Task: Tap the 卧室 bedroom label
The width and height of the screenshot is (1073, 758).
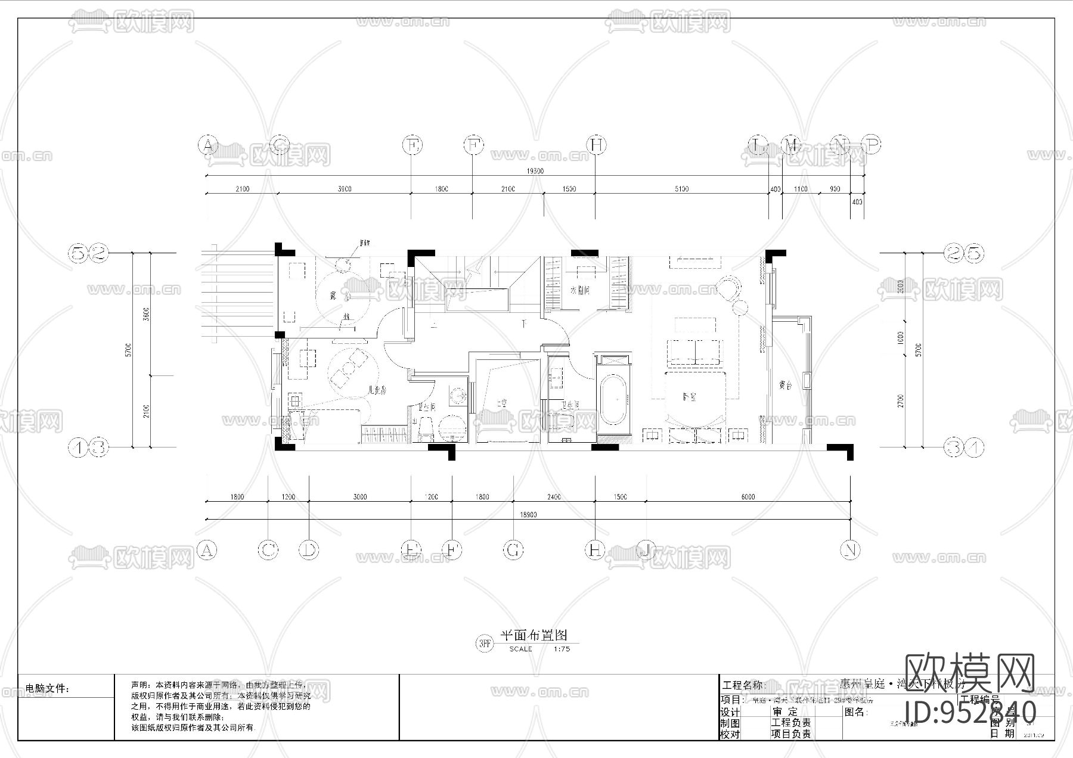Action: tap(690, 397)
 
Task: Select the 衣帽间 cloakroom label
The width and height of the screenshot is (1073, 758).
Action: tap(579, 291)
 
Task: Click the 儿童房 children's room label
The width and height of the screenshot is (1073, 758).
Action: tap(377, 391)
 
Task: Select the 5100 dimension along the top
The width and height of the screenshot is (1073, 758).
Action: tap(681, 189)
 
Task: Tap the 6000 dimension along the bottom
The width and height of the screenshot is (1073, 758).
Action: tap(748, 496)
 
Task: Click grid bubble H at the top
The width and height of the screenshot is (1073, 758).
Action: tap(596, 145)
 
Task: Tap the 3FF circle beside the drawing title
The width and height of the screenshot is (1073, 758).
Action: tap(485, 644)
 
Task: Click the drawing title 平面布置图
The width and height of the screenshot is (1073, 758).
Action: tap(532, 635)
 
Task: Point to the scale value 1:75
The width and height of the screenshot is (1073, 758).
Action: tap(562, 649)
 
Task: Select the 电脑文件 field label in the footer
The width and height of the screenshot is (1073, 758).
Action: tap(48, 689)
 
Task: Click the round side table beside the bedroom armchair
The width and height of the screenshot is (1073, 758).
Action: tap(740, 307)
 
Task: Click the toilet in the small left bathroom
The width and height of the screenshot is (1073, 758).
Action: tap(426, 426)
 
